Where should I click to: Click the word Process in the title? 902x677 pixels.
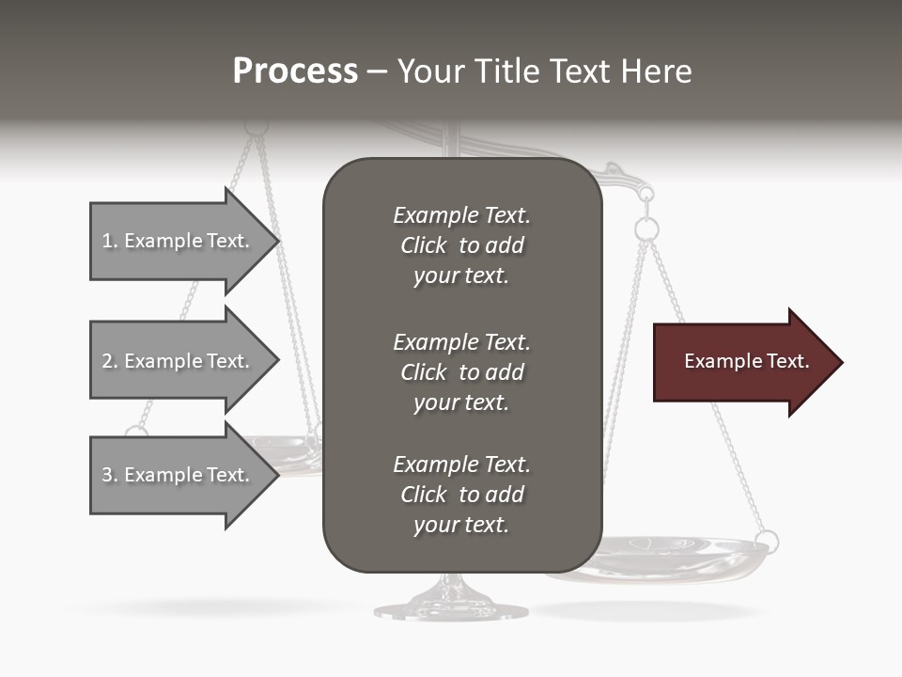295,71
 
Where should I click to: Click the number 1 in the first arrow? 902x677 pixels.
107,241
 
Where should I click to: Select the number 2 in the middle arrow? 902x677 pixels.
107,361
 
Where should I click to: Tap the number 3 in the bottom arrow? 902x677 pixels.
107,475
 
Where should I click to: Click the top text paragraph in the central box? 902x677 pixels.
461,245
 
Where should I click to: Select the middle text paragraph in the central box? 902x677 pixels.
461,372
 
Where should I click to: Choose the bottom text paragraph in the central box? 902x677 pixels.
461,495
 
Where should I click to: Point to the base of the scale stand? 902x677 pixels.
451,606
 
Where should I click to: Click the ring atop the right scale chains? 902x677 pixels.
646,228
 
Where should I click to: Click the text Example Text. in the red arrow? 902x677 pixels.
746,361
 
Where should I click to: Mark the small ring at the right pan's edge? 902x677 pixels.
768,542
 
